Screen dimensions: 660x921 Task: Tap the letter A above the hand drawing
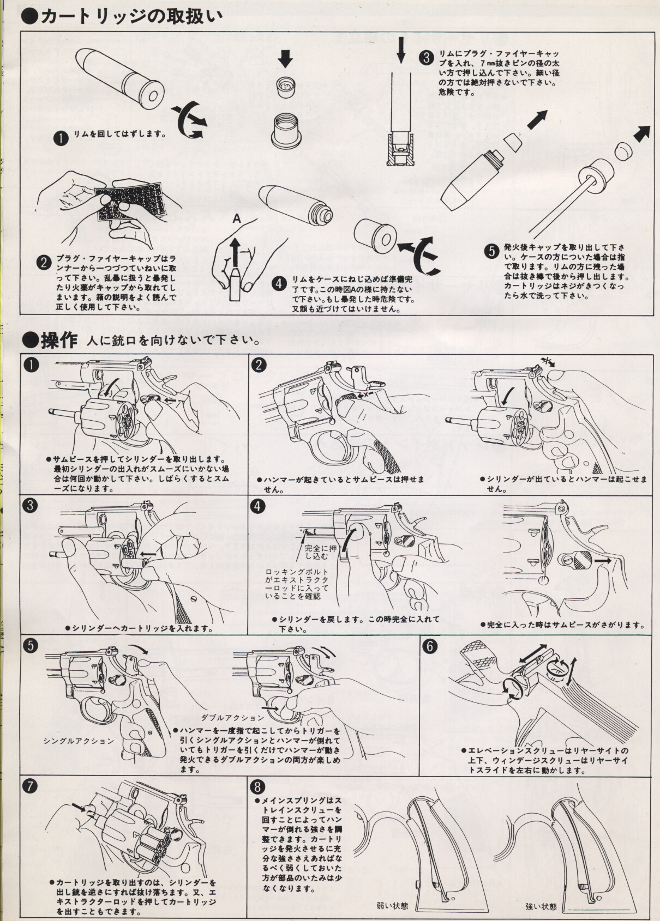236,220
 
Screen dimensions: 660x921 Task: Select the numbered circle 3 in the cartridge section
427,58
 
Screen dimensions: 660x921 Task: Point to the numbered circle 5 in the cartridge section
491,251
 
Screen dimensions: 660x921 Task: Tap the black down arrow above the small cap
285,59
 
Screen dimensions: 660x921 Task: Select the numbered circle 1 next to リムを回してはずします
62,138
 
